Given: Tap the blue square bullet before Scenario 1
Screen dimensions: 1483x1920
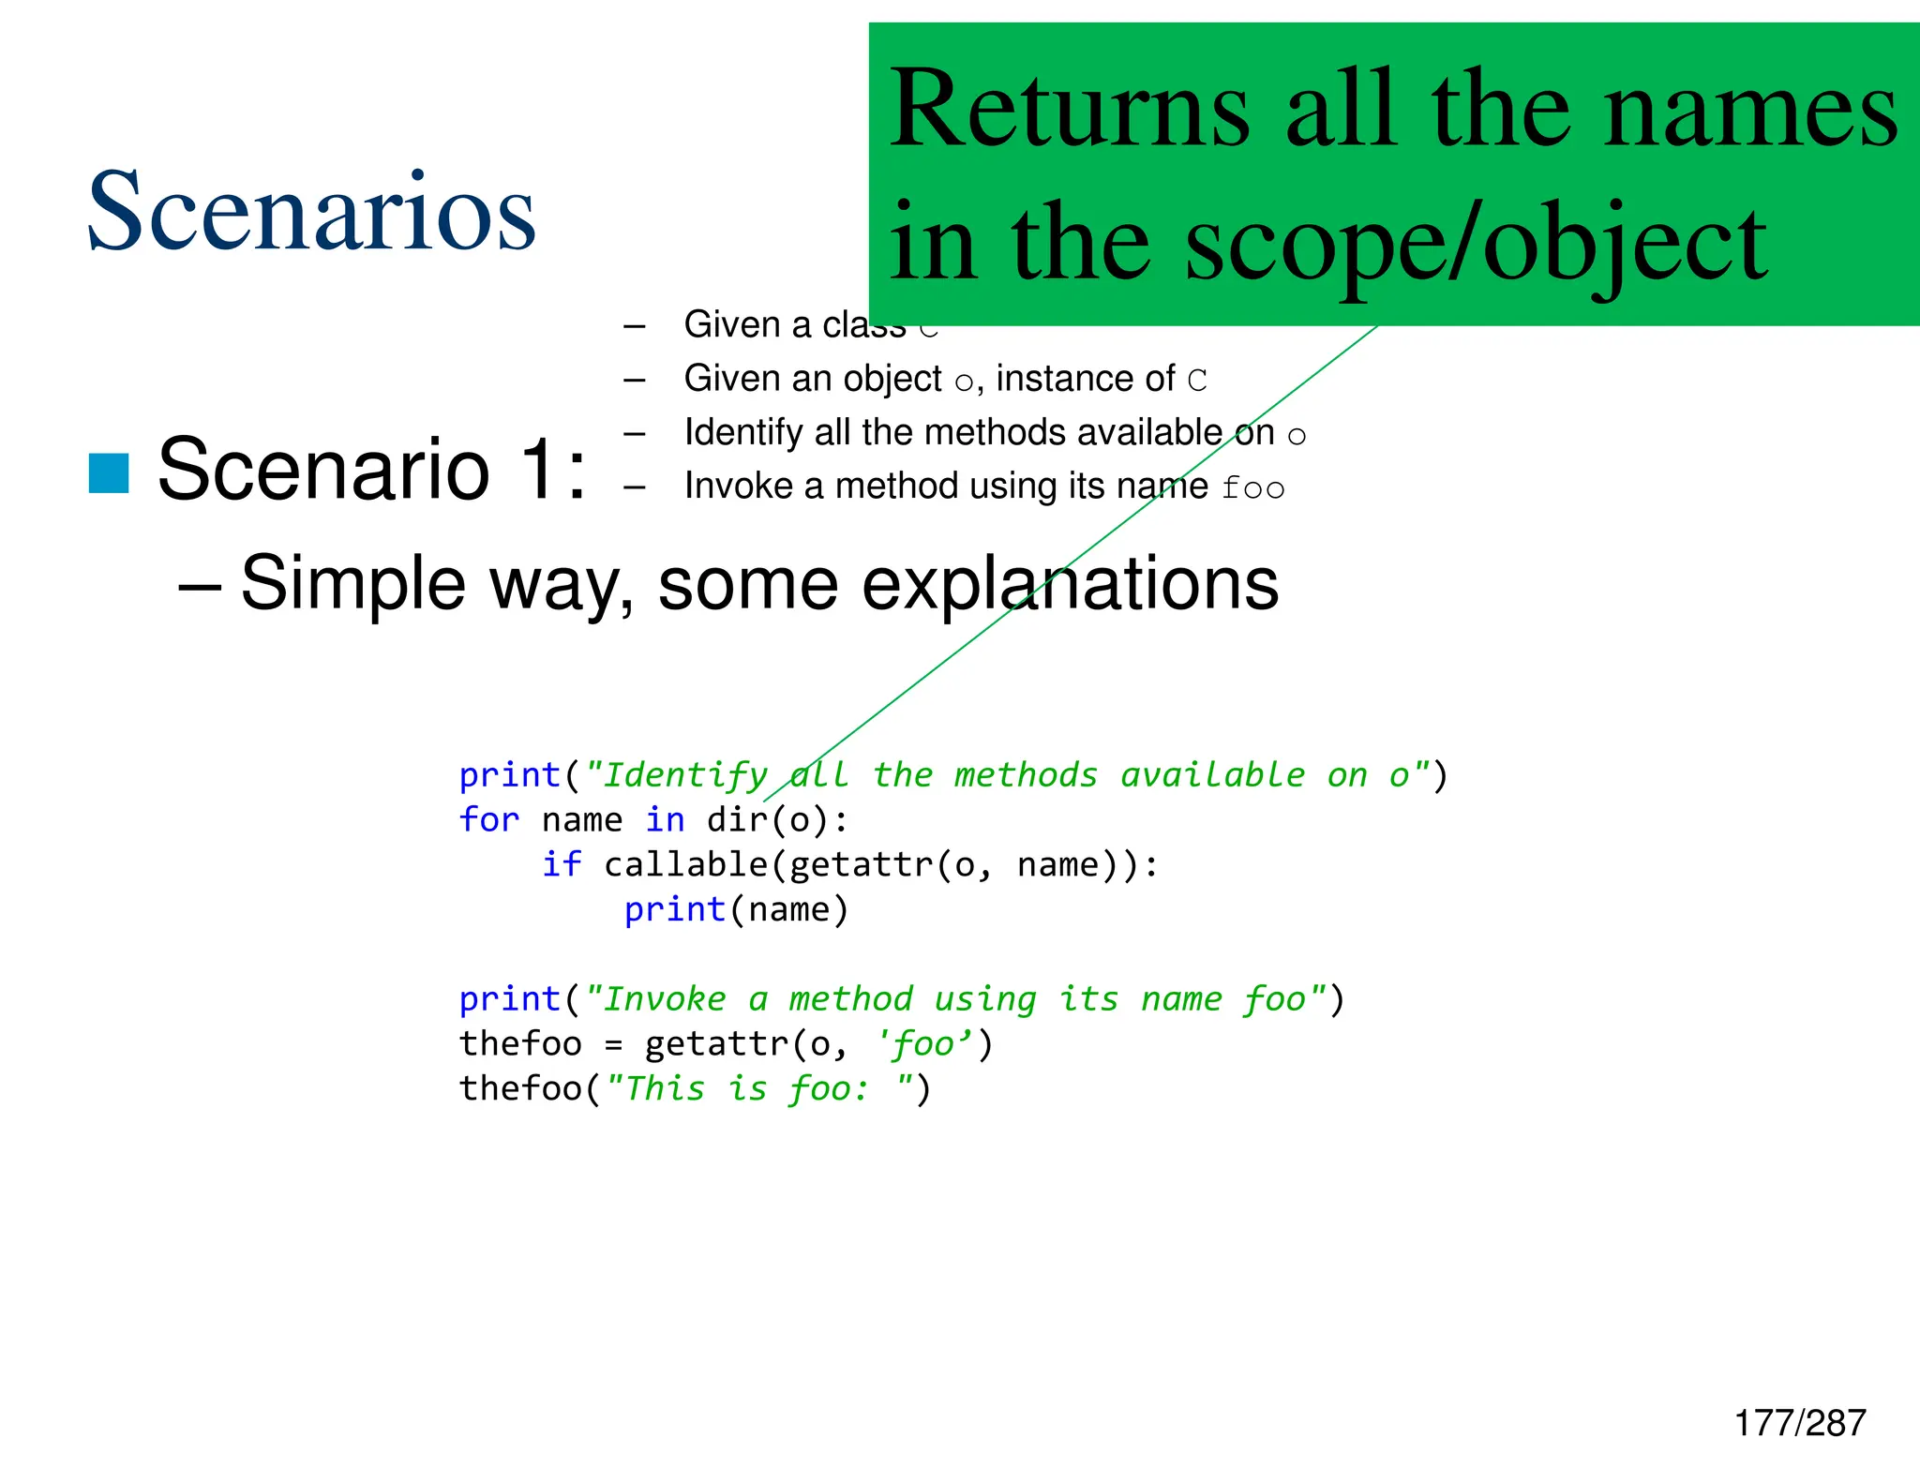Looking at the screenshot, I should click(x=109, y=472).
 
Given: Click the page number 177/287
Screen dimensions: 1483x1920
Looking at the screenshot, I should click(x=1800, y=1423).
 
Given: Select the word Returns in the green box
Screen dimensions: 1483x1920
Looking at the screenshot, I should click(x=1070, y=109).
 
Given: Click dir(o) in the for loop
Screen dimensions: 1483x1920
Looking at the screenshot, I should click(x=768, y=820).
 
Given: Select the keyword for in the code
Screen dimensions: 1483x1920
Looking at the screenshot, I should click(x=488, y=820).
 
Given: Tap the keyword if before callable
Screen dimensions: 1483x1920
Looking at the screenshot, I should click(x=562, y=864).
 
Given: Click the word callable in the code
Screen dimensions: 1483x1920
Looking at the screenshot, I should click(x=685, y=864).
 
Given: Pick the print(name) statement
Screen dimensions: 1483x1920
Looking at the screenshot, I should click(x=736, y=909).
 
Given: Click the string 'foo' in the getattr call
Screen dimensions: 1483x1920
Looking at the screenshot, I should click(x=922, y=1044).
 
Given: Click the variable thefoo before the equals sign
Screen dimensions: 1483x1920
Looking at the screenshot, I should click(x=520, y=1044).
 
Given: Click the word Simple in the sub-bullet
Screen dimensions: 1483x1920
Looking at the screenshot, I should click(x=352, y=583).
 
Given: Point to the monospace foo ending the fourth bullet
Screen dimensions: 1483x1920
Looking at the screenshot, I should click(x=1252, y=487).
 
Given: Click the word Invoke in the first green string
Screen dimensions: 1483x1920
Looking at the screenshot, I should click(x=664, y=999).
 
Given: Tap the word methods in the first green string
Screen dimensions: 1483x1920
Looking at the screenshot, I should click(x=1025, y=775).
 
